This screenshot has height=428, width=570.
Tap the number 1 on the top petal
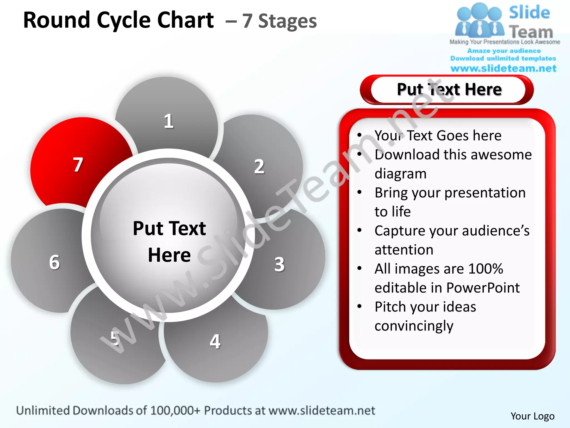[169, 121]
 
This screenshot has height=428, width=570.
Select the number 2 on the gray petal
[259, 167]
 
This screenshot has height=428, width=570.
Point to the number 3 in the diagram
[279, 264]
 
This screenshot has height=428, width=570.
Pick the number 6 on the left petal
[55, 262]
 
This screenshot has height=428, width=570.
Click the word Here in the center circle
[169, 255]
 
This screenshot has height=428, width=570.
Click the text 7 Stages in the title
[279, 21]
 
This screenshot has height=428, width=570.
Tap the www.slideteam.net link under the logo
[503, 68]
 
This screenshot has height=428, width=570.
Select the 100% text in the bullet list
[486, 269]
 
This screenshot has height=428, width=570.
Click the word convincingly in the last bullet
[414, 326]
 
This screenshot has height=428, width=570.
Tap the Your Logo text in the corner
[532, 416]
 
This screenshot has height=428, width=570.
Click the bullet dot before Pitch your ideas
[360, 306]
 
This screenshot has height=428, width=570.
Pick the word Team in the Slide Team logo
[531, 32]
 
